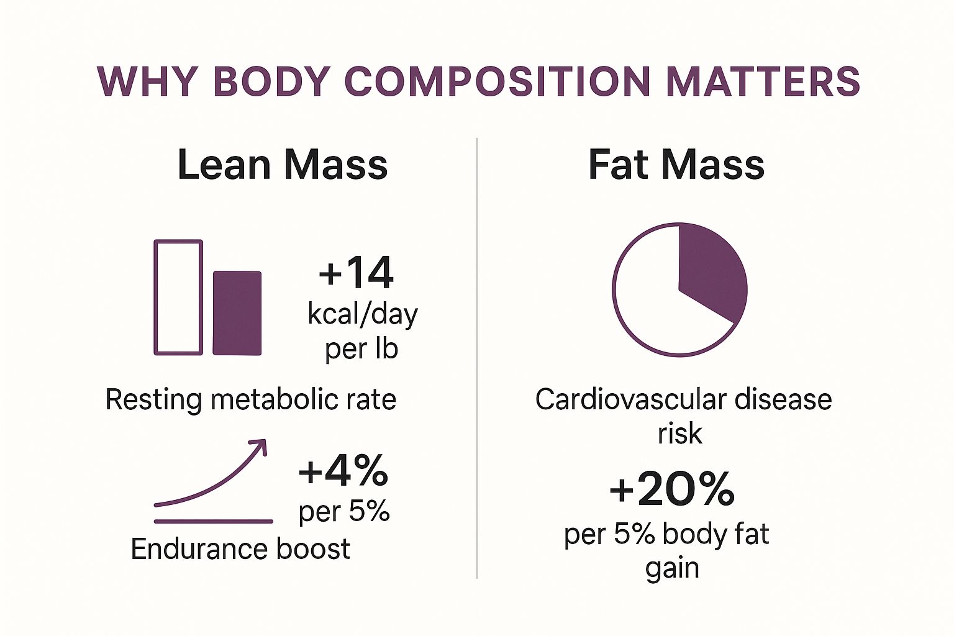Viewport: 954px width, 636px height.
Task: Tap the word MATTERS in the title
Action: coord(763,81)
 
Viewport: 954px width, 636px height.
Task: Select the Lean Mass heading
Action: coord(283,165)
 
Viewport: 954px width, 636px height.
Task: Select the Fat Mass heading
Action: coord(676,165)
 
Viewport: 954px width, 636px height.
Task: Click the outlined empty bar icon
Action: coord(178,298)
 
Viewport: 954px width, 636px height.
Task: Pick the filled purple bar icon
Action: coord(237,313)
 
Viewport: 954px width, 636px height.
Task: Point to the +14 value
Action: coord(356,273)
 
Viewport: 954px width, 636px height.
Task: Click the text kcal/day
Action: coord(363,314)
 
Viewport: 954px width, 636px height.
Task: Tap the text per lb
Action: coord(361,348)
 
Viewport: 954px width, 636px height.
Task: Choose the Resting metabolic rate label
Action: coord(251,399)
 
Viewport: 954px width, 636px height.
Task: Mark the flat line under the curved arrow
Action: coord(213,521)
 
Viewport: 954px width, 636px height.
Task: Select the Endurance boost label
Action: coord(240,549)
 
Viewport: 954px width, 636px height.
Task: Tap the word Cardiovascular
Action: coord(630,399)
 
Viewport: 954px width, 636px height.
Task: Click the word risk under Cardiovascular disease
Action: coord(679,434)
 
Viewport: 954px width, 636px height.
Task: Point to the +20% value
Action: coord(672,489)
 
